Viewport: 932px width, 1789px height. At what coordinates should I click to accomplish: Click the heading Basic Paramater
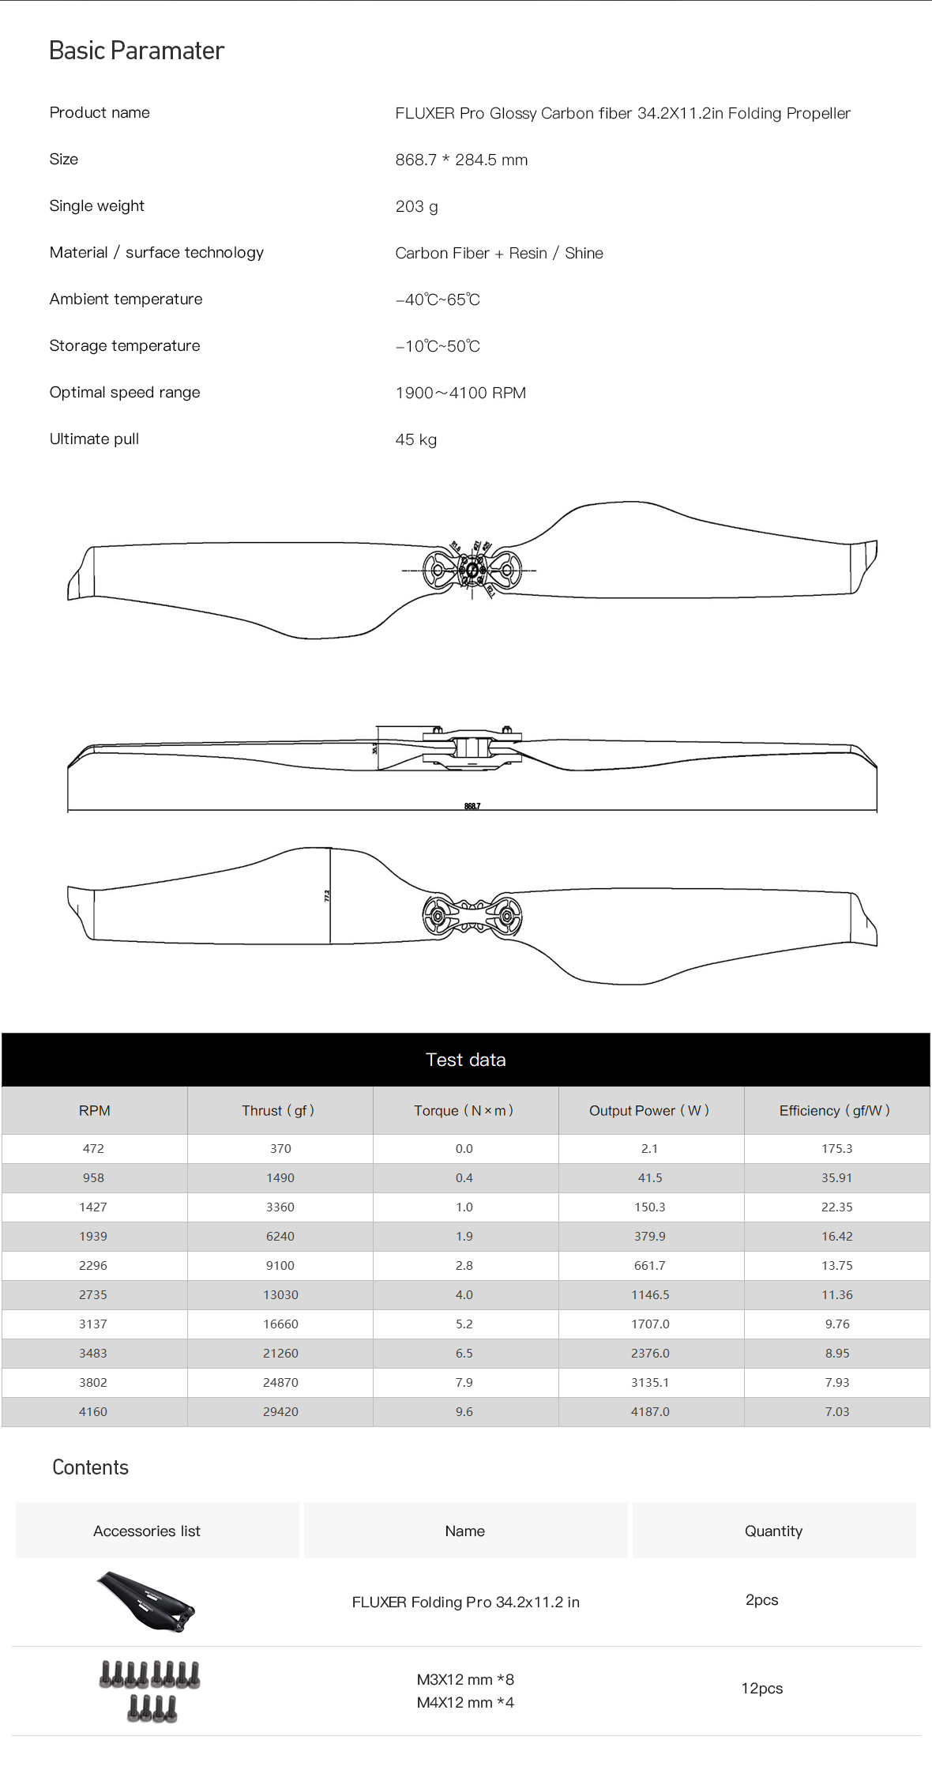pos(137,51)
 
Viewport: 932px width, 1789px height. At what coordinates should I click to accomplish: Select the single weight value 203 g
pos(416,206)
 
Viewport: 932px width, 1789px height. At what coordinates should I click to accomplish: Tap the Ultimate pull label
pos(94,439)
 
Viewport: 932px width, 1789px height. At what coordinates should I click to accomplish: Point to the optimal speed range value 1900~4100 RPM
pos(460,393)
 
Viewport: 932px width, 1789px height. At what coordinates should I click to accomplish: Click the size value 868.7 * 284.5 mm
pos(461,160)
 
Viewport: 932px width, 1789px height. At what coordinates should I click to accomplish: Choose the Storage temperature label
pos(125,346)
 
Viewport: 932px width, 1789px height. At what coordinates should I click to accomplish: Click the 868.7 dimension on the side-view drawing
pos(472,806)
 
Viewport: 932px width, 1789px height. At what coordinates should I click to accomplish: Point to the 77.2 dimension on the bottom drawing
pos(327,895)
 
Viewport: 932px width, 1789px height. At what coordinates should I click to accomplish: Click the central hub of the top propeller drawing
pos(472,570)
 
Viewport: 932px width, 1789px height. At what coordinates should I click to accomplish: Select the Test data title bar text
pos(465,1060)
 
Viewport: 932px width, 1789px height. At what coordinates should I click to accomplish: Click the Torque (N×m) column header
pos(464,1110)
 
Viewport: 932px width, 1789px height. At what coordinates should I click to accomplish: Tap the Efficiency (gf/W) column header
pos(835,1110)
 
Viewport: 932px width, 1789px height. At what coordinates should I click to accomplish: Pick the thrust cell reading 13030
pos(280,1294)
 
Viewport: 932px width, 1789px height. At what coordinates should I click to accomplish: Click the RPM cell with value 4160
pos(93,1411)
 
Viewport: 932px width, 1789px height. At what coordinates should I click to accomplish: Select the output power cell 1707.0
pos(650,1324)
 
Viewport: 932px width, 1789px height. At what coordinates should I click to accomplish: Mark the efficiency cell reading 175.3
pos(836,1148)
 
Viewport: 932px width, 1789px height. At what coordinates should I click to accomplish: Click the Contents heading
pos(90,1467)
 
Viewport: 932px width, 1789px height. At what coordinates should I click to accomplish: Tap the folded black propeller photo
pos(146,1601)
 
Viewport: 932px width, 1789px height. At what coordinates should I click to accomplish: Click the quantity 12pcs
pos(761,1688)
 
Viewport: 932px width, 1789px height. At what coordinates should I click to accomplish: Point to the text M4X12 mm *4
pos(465,1702)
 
